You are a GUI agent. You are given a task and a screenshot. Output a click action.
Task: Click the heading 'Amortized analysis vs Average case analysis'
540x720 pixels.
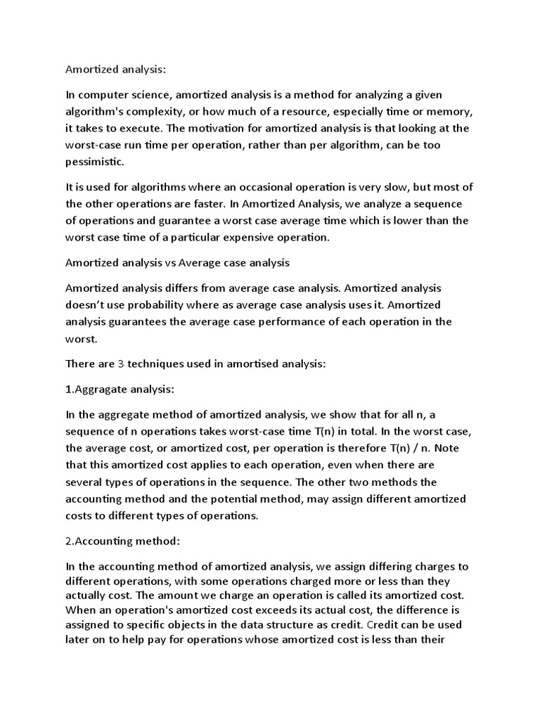(177, 263)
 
